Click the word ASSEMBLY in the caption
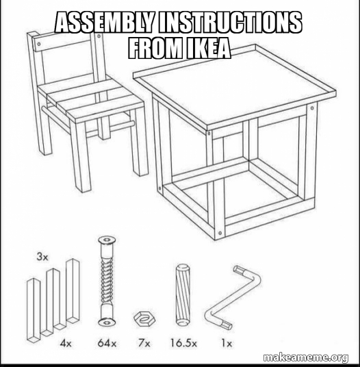click(x=105, y=23)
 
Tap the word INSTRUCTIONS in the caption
click(x=231, y=23)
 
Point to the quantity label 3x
click(x=42, y=257)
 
